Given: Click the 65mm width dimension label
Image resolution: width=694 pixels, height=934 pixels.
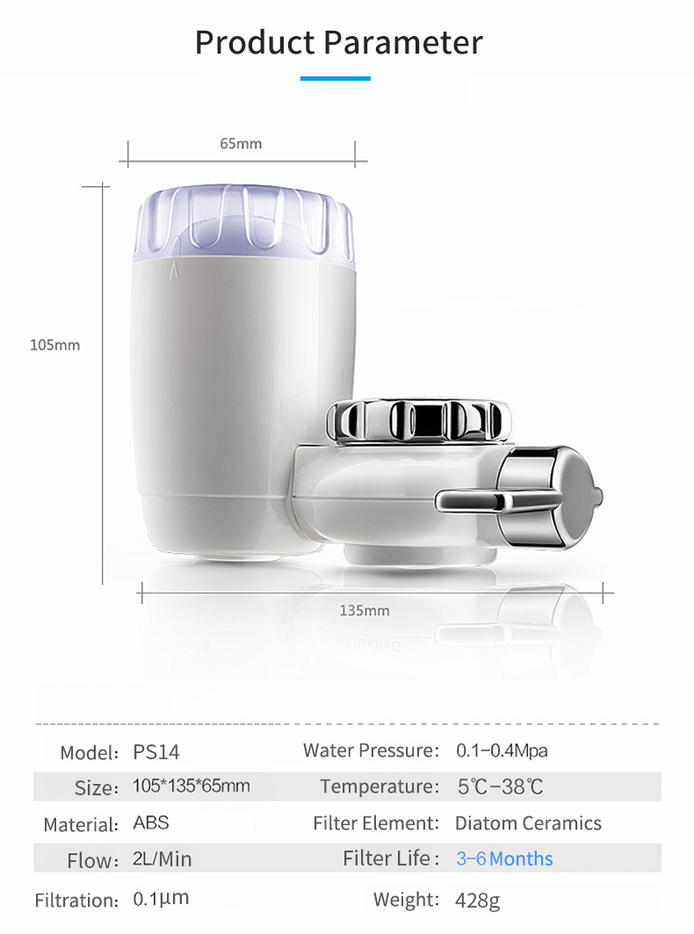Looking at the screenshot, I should (x=241, y=143).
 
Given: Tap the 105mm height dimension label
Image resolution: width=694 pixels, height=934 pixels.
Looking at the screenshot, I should (x=54, y=345).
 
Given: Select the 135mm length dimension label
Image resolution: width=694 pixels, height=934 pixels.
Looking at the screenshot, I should (x=364, y=610).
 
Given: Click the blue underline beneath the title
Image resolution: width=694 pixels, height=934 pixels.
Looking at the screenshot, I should (x=335, y=79).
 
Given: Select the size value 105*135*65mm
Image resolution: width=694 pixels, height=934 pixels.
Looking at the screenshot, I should (x=191, y=786).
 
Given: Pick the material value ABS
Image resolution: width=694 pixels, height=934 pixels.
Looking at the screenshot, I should (x=151, y=823).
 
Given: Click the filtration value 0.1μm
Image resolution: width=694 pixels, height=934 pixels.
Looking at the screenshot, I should (x=161, y=899).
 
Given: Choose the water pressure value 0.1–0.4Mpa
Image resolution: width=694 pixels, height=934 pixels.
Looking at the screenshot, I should (x=502, y=751).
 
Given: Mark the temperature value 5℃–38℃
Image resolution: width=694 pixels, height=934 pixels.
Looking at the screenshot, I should (x=501, y=787).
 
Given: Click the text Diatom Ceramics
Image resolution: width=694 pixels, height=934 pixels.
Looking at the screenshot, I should (x=528, y=823).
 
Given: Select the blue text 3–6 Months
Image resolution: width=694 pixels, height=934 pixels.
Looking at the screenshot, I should (x=504, y=859).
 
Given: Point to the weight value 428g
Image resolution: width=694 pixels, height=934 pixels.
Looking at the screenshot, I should (x=477, y=900).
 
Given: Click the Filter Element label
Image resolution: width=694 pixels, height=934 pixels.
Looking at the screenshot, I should (x=376, y=823).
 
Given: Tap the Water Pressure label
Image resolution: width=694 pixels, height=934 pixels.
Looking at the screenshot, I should (x=371, y=751).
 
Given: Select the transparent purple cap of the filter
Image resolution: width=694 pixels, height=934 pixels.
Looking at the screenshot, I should (x=244, y=224).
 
